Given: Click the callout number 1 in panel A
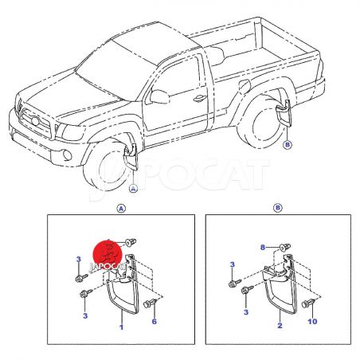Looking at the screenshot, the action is (121, 327).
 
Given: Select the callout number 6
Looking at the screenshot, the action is (155, 322).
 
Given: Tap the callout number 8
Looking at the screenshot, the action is (263, 248).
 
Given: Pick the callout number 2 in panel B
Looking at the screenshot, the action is (280, 325).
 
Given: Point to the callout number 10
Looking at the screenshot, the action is (312, 322).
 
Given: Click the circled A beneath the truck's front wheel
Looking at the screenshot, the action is (133, 189).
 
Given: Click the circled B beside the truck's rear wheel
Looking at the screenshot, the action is (288, 145).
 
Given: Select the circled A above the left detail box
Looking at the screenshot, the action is (121, 209).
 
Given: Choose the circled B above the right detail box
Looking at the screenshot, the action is (278, 207).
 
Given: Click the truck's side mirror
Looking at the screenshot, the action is (159, 96).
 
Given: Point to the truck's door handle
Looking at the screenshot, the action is (200, 99).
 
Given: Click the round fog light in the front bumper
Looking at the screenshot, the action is (67, 155).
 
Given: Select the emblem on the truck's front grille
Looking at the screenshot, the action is (35, 121).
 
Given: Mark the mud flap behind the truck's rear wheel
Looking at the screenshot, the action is (284, 112).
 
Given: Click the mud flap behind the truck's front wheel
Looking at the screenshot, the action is (131, 157).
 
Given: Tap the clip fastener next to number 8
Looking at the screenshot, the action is (285, 248).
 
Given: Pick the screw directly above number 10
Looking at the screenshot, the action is (309, 303).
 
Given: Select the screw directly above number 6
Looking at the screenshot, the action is (151, 303).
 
